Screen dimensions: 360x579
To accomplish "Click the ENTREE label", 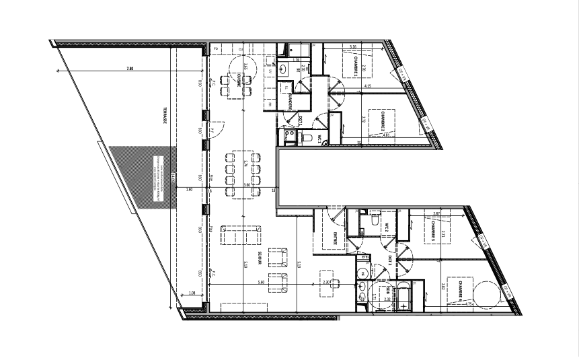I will (335, 239).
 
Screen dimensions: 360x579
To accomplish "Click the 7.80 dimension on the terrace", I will (130, 69).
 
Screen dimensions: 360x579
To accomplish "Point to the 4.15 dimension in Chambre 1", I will (367, 87).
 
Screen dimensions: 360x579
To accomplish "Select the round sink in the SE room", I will (283, 69).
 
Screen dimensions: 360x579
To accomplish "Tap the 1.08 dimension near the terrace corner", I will (192, 293).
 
